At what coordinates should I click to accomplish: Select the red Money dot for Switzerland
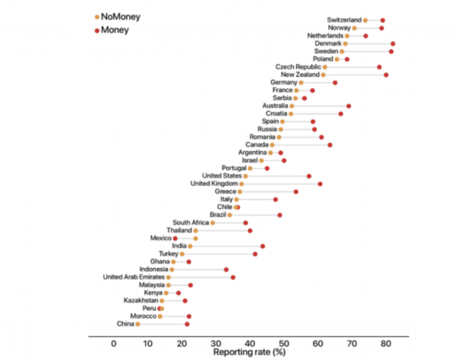pyautogui.click(x=382, y=20)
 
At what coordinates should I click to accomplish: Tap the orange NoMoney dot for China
pyautogui.click(x=138, y=324)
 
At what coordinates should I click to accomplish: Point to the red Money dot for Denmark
pyautogui.click(x=392, y=44)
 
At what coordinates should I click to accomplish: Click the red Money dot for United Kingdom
pyautogui.click(x=320, y=184)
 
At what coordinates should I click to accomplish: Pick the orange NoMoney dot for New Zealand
pyautogui.click(x=323, y=75)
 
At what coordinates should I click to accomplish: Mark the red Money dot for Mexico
pyautogui.click(x=175, y=238)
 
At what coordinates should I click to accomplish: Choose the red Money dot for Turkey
pyautogui.click(x=255, y=254)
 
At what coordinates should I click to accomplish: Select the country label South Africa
pyautogui.click(x=190, y=223)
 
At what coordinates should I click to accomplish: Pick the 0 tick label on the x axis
pyautogui.click(x=114, y=344)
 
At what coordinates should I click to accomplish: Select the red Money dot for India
pyautogui.click(x=262, y=246)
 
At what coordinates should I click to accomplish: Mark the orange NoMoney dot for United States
pyautogui.click(x=245, y=176)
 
